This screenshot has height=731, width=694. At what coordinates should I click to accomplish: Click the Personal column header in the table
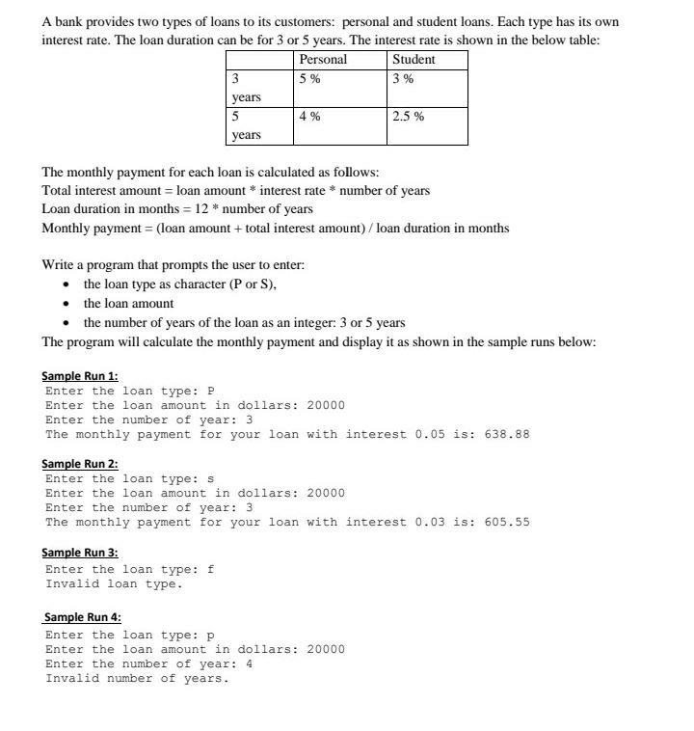coord(323,59)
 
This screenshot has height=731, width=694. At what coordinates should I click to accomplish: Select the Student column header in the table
coord(414,59)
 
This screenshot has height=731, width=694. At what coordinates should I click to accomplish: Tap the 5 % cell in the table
coord(309,79)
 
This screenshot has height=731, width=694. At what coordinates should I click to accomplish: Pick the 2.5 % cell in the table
coord(408,116)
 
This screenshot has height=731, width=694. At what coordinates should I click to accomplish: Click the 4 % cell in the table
coord(309,116)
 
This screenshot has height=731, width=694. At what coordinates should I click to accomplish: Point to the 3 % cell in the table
coord(402,79)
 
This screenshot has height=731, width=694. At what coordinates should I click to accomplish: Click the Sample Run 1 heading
coord(80,376)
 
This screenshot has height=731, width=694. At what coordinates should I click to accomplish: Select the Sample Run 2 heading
coord(80,464)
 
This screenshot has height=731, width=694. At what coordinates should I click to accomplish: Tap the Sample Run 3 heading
coord(80,553)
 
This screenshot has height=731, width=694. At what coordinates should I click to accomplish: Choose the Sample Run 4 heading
coord(83,617)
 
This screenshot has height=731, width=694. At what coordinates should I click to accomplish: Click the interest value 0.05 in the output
coord(430,434)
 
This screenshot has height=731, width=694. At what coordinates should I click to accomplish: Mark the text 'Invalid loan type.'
coord(114,583)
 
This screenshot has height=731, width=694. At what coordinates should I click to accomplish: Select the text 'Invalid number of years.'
coord(137,678)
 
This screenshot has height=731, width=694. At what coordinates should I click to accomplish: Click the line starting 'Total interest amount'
coord(235,191)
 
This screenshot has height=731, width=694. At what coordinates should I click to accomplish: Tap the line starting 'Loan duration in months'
coord(177,209)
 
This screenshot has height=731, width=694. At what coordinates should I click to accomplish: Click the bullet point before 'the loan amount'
coord(66,304)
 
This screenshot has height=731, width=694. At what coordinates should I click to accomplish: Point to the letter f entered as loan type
coord(211,569)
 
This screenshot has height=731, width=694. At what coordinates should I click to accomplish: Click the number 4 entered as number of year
coord(249,663)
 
